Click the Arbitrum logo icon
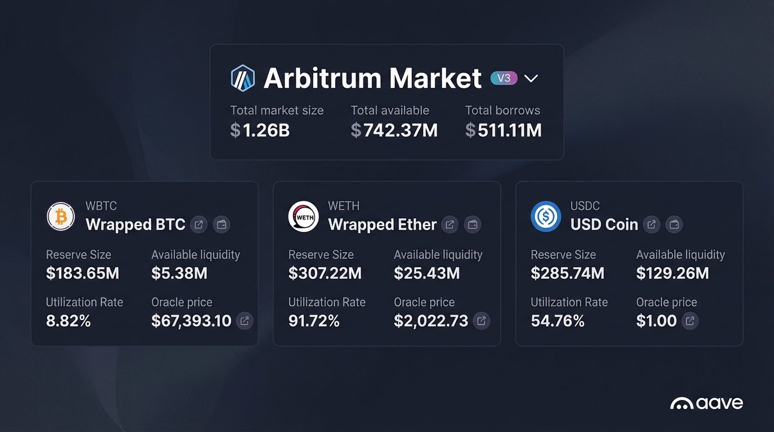coord(243,78)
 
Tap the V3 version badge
coord(504,78)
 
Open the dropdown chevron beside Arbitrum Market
coord(531,79)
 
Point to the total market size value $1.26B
coord(260,130)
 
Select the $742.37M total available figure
coord(394,130)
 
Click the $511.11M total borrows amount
coord(503,130)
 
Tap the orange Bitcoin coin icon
coord(61,217)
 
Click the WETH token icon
coord(303,217)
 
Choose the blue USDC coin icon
coord(546,217)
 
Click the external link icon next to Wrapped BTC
coord(199,225)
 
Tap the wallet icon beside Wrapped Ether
coord(473,225)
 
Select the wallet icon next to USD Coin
coord(674,225)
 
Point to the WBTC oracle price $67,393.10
coord(191,321)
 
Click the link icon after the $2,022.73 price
coord(481,321)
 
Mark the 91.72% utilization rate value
coord(314,321)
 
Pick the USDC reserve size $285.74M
coord(568,273)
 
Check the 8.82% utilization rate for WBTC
coord(68,321)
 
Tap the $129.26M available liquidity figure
coord(672,273)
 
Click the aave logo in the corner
coord(706,403)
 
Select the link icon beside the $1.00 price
coord(690,321)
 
